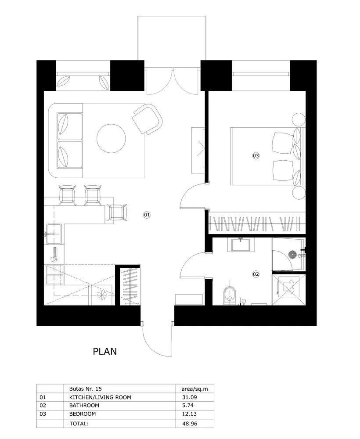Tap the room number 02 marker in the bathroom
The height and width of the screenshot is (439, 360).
256,274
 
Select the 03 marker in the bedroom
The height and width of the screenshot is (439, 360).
256,155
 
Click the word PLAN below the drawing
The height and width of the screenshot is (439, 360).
105,352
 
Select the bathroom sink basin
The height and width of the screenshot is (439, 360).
240,244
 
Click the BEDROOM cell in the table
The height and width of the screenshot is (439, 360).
83,414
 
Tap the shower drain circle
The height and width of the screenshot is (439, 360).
292,253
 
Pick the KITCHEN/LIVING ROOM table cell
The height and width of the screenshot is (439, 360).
100,397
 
